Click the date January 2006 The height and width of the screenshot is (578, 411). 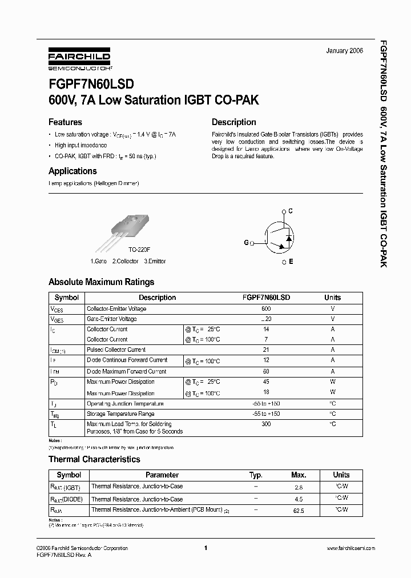click(344, 51)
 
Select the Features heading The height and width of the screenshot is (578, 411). click(65, 122)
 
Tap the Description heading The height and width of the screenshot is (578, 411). click(233, 122)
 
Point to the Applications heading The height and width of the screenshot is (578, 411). click(72, 171)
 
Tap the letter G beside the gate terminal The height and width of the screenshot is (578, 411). click(247, 243)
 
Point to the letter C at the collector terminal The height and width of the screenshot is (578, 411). click(291, 211)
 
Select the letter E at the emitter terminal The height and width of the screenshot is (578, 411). click(291, 262)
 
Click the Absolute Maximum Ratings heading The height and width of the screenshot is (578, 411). click(101, 282)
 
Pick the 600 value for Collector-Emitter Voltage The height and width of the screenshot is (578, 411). click(266, 308)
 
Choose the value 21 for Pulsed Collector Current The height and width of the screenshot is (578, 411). click(266, 350)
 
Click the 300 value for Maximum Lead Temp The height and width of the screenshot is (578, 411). click(266, 424)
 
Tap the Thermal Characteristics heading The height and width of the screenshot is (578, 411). click(94, 459)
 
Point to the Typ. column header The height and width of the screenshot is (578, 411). click(256, 475)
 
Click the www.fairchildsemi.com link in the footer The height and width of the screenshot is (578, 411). click(350, 548)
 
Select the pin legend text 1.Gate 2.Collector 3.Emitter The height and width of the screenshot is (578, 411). click(129, 261)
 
